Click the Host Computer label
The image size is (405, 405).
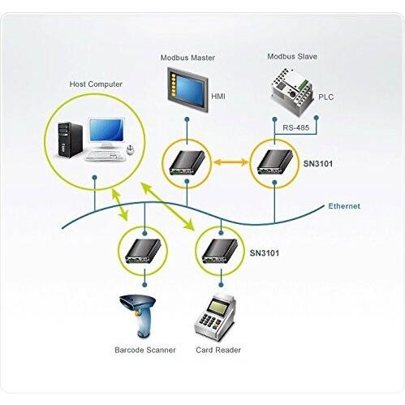click(95, 84)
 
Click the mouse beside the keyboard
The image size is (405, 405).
click(129, 150)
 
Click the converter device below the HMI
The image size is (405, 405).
click(187, 163)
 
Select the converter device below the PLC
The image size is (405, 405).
click(274, 162)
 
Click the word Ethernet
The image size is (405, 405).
click(344, 206)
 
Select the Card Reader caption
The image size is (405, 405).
click(218, 350)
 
